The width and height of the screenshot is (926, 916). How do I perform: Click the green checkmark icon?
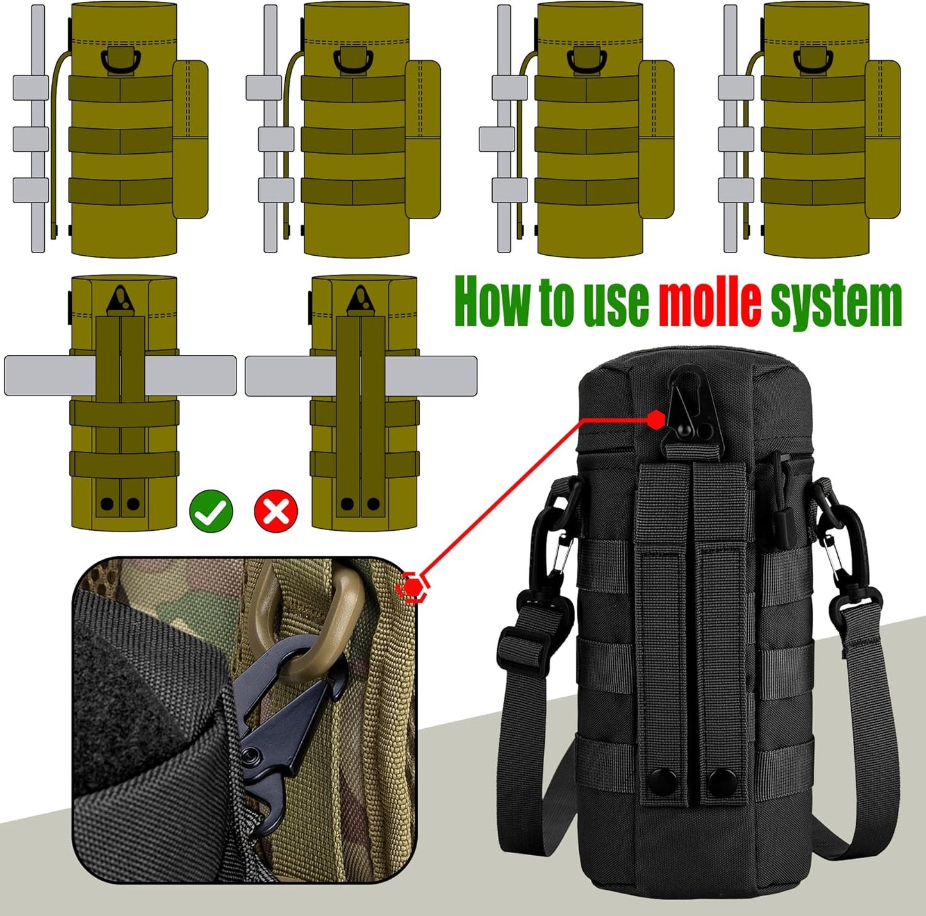point(211,510)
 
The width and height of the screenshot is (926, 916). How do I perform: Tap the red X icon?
point(276,510)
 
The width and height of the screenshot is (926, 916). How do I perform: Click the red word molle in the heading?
point(709,301)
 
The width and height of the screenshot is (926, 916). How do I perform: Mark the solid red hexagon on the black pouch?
point(655,419)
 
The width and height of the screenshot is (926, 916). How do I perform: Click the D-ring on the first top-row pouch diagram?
point(117,61)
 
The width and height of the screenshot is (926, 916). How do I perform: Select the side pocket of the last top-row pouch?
point(882,138)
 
